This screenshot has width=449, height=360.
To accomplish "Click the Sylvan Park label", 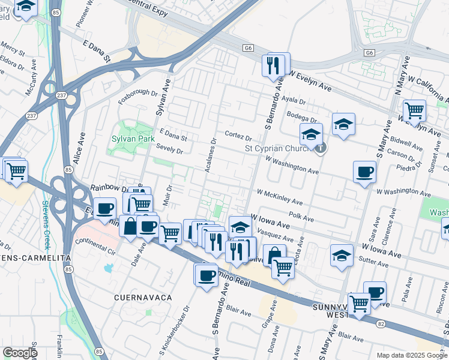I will [133, 138].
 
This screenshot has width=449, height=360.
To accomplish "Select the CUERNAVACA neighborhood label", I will [143, 298].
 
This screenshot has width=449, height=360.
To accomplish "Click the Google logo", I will [19, 353].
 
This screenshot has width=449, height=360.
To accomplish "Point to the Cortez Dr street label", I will [238, 136].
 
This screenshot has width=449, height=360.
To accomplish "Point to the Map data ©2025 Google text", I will [412, 355].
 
